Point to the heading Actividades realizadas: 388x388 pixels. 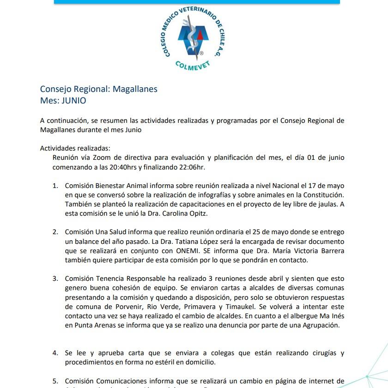pos(75,148)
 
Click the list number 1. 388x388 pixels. pos(55,186)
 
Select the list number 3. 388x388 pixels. pos(55,279)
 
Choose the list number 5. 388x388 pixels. pos(55,381)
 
